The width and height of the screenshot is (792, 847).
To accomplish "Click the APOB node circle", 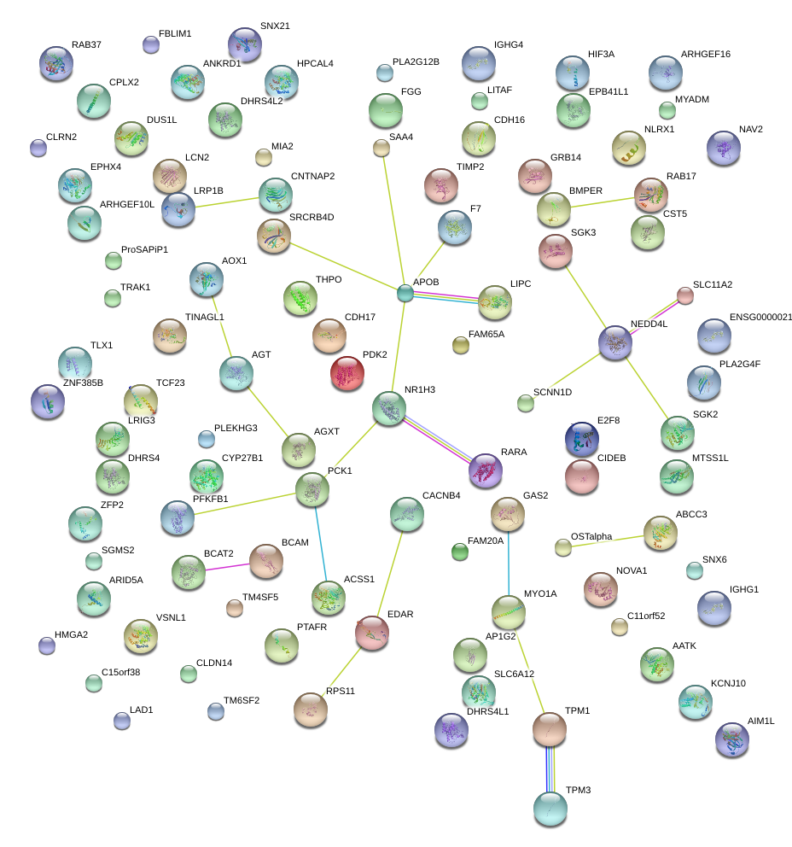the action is [405, 294].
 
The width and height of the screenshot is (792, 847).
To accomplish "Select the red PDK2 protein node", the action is [347, 373].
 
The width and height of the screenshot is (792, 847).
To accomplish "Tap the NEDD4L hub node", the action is [615, 342].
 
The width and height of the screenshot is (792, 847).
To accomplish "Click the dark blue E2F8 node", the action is [581, 439].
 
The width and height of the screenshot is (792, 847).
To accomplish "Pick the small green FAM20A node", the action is [459, 552].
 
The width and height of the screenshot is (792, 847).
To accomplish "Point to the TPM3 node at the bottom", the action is [550, 809].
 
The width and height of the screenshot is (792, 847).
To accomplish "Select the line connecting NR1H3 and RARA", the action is [437, 440].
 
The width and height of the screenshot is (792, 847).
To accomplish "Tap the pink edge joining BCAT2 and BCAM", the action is [227, 567].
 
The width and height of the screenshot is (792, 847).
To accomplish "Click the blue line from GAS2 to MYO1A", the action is [508, 564].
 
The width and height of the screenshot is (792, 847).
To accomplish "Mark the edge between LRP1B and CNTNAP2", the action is [227, 202].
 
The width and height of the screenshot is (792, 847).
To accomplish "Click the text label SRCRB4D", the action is [312, 217].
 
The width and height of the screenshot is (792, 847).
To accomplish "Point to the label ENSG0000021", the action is [760, 317].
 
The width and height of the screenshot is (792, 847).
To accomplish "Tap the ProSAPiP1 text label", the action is [144, 249].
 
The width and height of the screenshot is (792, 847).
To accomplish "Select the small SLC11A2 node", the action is [685, 295].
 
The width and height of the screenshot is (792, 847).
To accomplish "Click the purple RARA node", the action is [486, 470].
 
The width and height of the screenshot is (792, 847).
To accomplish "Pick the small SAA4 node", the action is [381, 148].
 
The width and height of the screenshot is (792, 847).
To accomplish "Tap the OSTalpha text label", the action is [591, 536].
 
